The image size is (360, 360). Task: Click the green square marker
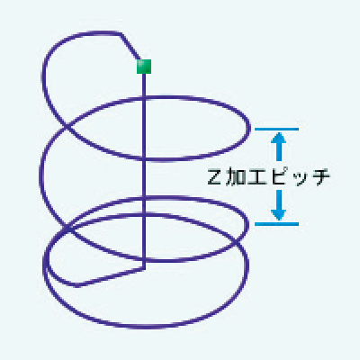point(144,67)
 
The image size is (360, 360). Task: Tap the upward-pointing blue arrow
point(279,146)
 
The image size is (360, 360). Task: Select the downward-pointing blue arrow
point(279,205)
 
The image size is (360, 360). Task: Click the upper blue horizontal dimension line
point(276,130)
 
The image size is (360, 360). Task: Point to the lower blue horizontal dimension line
point(276,224)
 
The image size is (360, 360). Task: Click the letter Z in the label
point(214,177)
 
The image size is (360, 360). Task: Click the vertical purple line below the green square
point(144,171)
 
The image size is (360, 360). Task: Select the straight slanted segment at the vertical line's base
point(111,277)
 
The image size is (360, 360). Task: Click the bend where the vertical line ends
point(144,268)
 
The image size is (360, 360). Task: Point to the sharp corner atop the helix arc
point(121,33)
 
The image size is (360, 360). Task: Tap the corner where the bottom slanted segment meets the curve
point(77,285)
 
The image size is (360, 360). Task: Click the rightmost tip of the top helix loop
point(249,129)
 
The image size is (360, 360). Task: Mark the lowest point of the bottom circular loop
point(148,327)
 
